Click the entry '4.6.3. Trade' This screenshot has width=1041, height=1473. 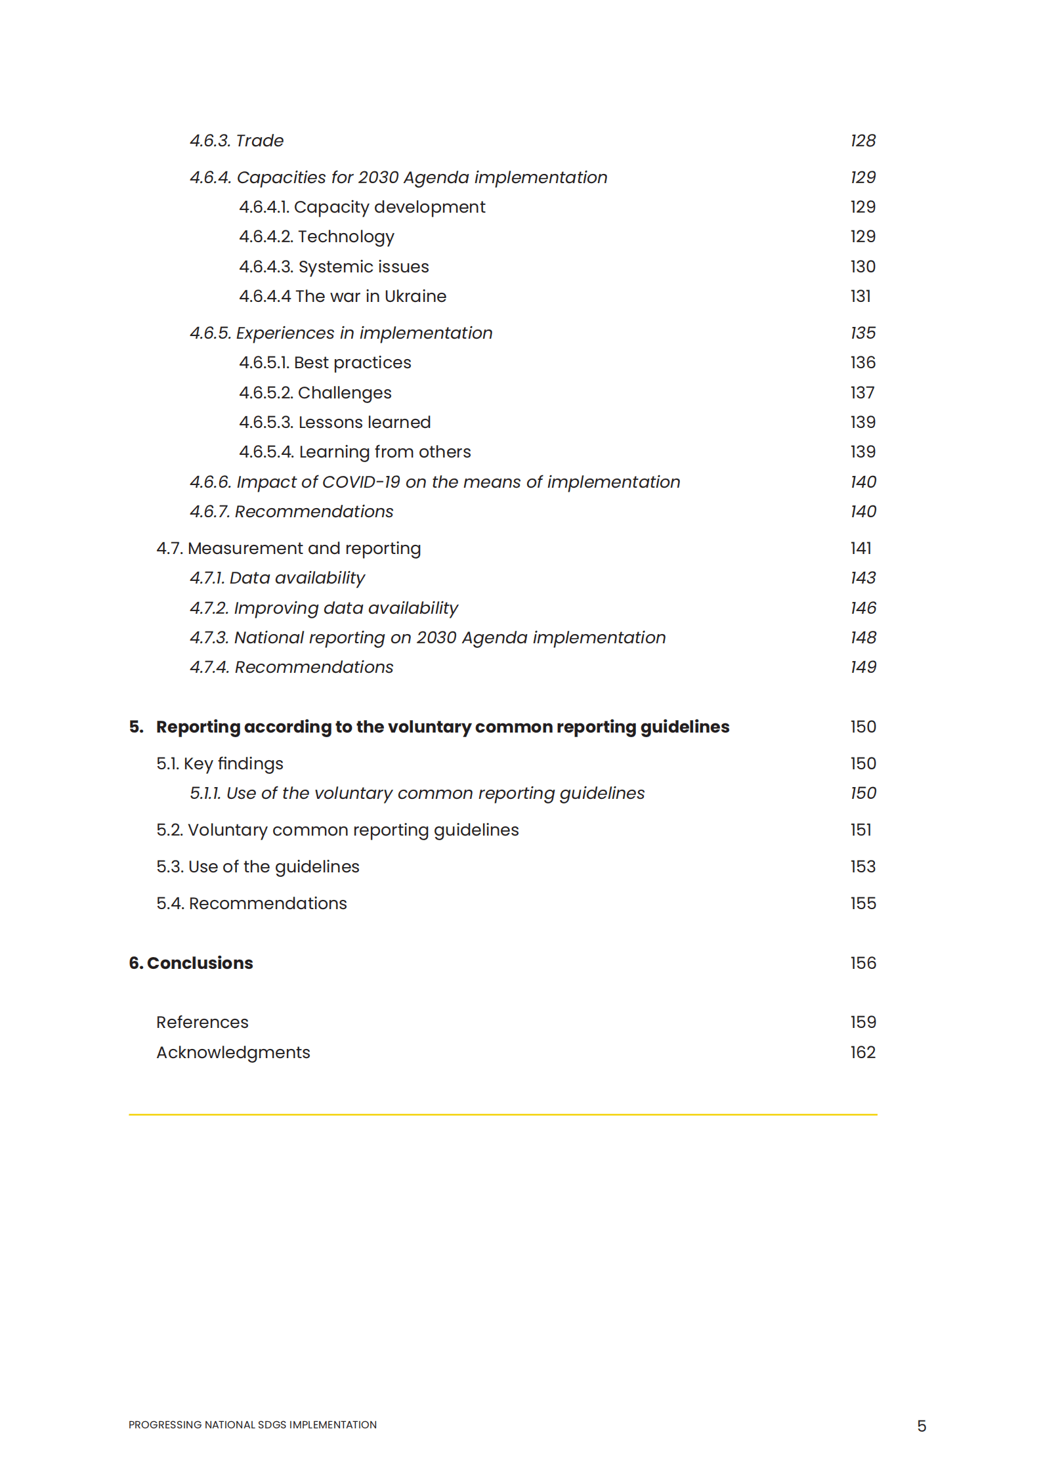tap(236, 140)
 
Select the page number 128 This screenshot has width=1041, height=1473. tap(862, 140)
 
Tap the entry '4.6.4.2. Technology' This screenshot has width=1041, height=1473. tap(316, 236)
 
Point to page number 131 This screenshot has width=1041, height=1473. tap(860, 296)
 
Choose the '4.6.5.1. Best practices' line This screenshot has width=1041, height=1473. tap(325, 362)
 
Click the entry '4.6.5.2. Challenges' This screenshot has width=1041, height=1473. tap(315, 393)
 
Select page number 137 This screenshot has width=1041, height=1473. tap(862, 393)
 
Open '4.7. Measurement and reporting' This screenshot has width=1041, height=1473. tap(288, 548)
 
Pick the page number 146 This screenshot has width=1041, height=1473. tap(863, 608)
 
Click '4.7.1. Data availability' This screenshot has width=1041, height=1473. tap(277, 578)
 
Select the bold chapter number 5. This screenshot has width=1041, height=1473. tap(135, 727)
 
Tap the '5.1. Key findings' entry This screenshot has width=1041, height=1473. tap(219, 763)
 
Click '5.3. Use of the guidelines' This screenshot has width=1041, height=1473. tap(257, 866)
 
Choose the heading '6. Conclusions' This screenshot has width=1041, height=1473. tap(191, 963)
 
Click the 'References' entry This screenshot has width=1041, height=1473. tap(202, 1022)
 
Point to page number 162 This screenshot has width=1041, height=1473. tap(862, 1052)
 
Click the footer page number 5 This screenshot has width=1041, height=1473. tap(922, 1426)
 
